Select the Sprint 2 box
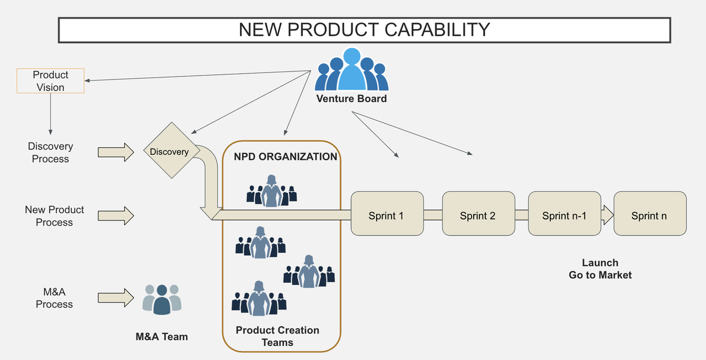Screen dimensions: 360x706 pyautogui.click(x=478, y=213)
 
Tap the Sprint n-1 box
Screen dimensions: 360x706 pyautogui.click(x=564, y=213)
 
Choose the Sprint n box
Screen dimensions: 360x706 pyautogui.click(x=650, y=213)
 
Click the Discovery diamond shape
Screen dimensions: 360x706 pyautogui.click(x=169, y=151)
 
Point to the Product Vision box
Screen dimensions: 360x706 pyautogui.click(x=51, y=81)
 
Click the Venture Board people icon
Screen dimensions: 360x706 pyautogui.click(x=351, y=70)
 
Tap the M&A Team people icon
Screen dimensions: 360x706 pyautogui.click(x=162, y=299)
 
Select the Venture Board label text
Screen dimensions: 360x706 pyautogui.click(x=351, y=99)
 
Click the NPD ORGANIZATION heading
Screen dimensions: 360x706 pyautogui.click(x=285, y=157)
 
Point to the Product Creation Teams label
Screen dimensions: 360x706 pyautogui.click(x=277, y=336)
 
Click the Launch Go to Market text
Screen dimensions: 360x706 pyautogui.click(x=600, y=268)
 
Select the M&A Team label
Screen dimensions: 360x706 pyautogui.click(x=162, y=336)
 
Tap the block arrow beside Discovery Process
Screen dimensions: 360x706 pyautogui.click(x=116, y=152)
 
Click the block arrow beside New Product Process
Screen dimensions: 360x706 pyautogui.click(x=116, y=216)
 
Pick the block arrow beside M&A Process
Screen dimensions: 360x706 pyautogui.click(x=116, y=298)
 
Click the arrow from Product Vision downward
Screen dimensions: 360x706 pyautogui.click(x=51, y=114)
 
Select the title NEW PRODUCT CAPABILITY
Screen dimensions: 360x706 pyautogui.click(x=364, y=29)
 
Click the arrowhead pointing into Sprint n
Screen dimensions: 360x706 pyautogui.click(x=608, y=214)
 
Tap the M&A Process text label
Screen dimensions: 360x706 pyautogui.click(x=54, y=298)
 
